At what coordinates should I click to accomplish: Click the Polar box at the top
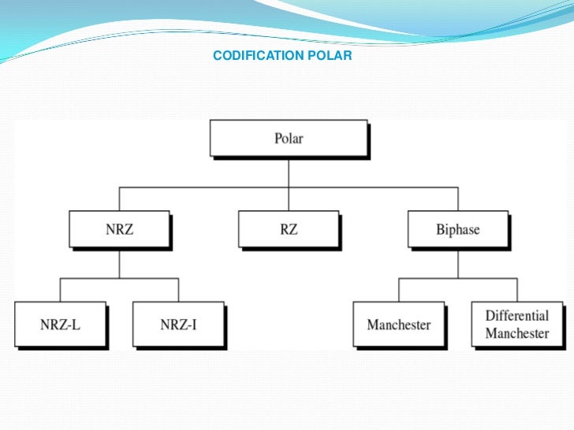tap(288, 139)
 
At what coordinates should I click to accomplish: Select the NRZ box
tap(119, 230)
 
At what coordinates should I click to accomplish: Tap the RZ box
tap(288, 230)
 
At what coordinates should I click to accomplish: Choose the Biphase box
tap(457, 230)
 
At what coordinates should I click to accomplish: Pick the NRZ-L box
tap(59, 324)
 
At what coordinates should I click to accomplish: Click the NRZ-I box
tap(177, 324)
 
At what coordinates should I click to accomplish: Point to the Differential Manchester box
tap(516, 324)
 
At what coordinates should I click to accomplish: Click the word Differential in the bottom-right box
tap(516, 316)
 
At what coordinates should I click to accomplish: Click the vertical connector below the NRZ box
tap(119, 263)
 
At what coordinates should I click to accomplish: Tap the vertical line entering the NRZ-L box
tap(60, 290)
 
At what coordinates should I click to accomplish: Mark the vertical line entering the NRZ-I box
tap(178, 290)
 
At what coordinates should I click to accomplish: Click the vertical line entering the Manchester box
tap(399, 290)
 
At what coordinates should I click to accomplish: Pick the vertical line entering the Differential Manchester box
tap(517, 290)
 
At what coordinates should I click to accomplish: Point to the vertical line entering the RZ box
tap(289, 200)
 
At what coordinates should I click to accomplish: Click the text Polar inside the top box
tap(288, 139)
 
